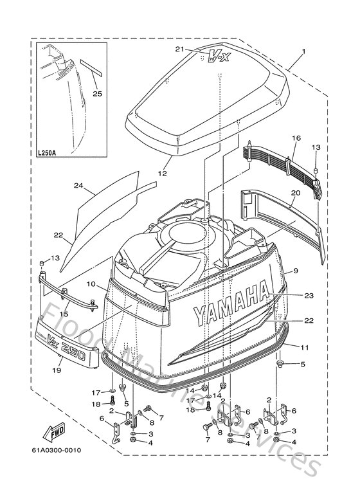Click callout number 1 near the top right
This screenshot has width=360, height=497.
tap(304, 51)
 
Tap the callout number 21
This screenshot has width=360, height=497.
tap(179, 49)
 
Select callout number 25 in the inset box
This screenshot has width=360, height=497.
tap(98, 94)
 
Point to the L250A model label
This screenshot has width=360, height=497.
tap(48, 154)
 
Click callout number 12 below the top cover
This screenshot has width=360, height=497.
tap(162, 174)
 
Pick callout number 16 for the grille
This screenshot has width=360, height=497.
tap(296, 138)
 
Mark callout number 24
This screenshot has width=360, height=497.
tap(79, 186)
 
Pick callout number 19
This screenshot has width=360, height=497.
tap(57, 370)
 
